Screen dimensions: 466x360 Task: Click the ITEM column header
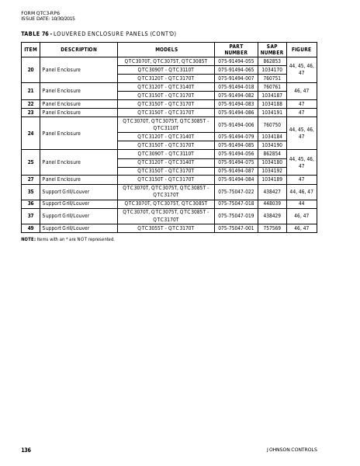[30, 49]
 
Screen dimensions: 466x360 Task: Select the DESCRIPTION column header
[78, 49]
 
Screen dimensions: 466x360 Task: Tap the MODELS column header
[166, 49]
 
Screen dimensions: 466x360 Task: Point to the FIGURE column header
[301, 49]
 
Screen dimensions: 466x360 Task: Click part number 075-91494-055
[236, 61]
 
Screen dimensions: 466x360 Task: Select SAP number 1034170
[272, 69]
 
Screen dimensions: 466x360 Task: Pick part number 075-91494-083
[236, 103]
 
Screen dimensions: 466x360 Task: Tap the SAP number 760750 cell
[272, 124]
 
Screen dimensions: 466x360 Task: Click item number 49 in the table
[30, 228]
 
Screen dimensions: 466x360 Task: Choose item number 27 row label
[30, 179]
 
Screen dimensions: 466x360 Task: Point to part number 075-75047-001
[236, 228]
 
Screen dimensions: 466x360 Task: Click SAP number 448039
[272, 203]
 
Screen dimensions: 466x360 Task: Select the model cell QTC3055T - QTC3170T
[166, 228]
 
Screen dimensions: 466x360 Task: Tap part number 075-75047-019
[236, 215]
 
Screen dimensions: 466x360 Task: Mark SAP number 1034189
[272, 179]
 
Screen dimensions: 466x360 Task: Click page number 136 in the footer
[26, 450]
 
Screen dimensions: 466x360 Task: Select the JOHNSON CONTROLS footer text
[292, 450]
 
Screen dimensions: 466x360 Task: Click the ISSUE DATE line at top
[48, 18]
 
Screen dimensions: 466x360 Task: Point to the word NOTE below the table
[28, 239]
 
